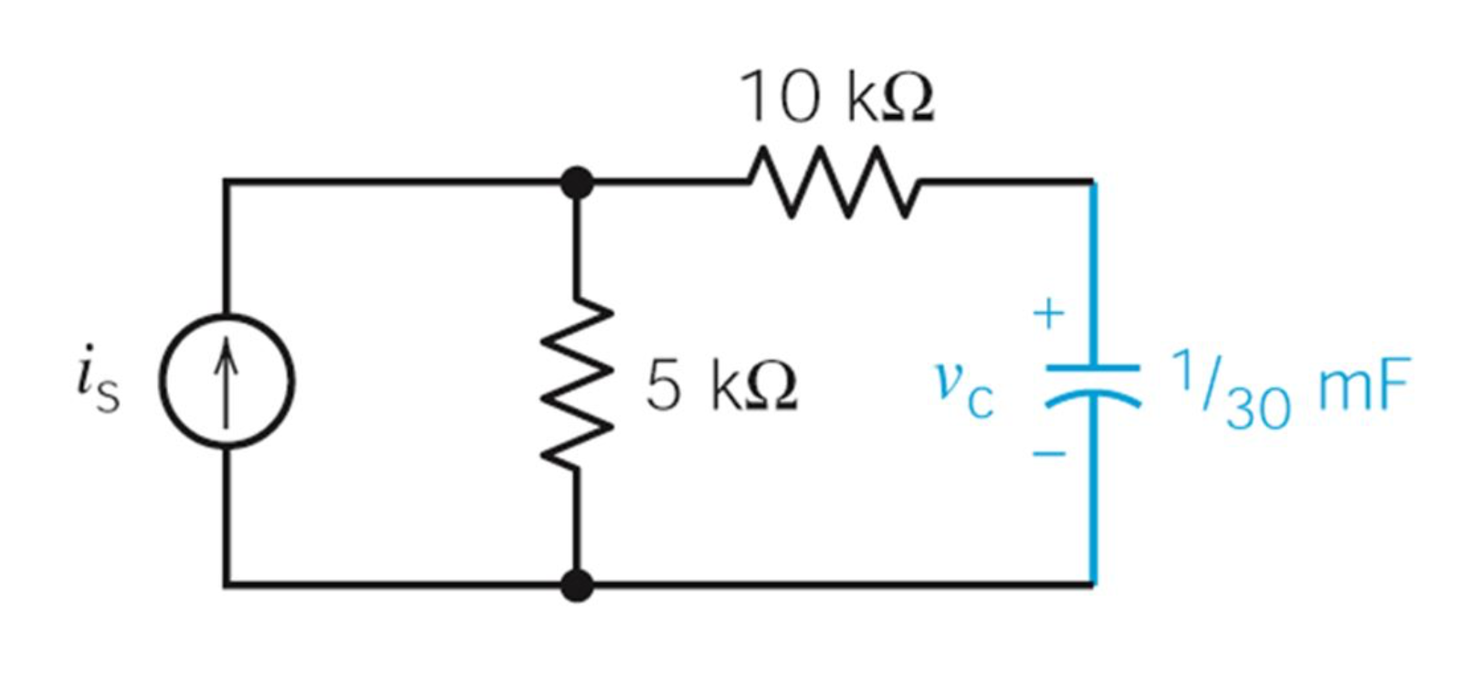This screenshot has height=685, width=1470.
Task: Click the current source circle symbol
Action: (x=227, y=381)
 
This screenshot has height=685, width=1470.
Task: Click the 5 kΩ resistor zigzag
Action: (x=576, y=384)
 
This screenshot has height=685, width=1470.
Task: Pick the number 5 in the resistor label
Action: (x=663, y=385)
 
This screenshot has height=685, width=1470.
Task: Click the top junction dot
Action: (x=576, y=183)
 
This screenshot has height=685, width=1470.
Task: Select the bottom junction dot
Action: (x=576, y=585)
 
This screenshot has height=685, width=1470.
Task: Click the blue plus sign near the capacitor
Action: (x=1049, y=313)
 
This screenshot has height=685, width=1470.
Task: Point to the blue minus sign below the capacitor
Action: (x=1049, y=453)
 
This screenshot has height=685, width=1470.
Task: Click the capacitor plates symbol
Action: (x=1092, y=382)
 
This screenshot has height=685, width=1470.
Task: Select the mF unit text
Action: (x=1364, y=385)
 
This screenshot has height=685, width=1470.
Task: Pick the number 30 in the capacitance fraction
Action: (x=1258, y=407)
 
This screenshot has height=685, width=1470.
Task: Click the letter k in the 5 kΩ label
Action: (x=726, y=385)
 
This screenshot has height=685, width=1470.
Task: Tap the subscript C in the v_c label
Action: (x=981, y=401)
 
